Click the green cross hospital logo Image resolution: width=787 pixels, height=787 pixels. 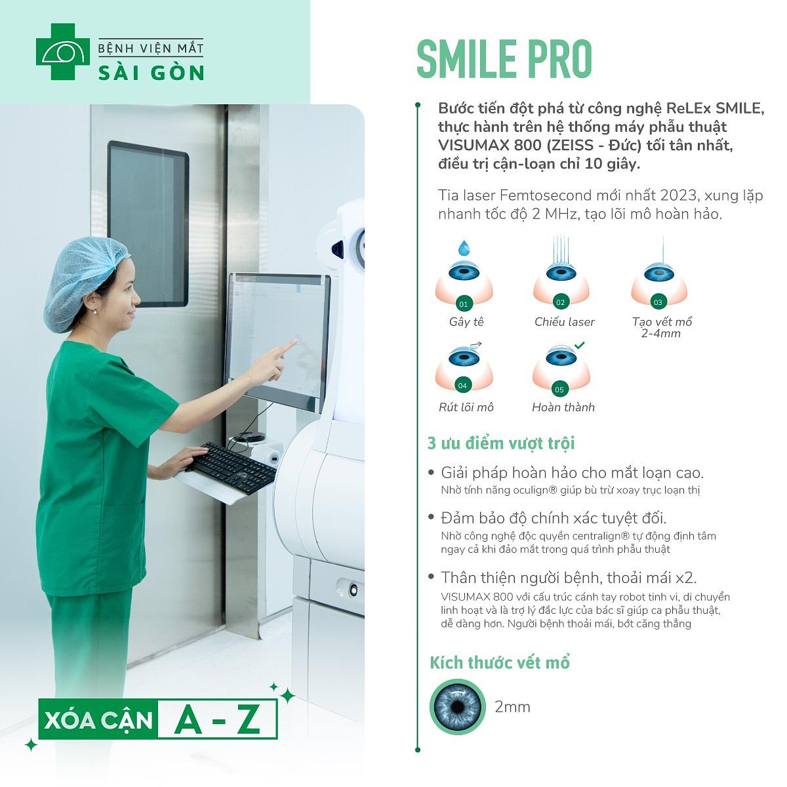[62, 51]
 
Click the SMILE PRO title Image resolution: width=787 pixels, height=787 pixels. [504, 59]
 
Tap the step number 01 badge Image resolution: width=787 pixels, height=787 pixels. [463, 304]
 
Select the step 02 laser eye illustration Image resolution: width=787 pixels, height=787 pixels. [561, 272]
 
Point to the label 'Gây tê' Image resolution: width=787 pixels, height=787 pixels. [466, 322]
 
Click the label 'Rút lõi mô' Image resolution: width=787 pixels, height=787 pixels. [466, 407]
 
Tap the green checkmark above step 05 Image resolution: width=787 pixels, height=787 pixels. [579, 346]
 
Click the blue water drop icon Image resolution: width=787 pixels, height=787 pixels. [464, 247]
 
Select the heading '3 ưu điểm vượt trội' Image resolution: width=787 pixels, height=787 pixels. [501, 443]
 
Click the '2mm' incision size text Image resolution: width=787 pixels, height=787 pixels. [512, 706]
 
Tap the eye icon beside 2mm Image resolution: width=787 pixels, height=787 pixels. [457, 706]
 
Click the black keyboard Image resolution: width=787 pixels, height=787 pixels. [231, 468]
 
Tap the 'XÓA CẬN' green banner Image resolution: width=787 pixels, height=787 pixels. [98, 720]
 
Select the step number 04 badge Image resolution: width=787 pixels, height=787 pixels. [462, 386]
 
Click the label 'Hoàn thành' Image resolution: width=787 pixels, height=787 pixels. [563, 407]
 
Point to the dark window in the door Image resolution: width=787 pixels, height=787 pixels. [148, 224]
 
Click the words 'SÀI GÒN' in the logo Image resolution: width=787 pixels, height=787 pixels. [151, 73]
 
